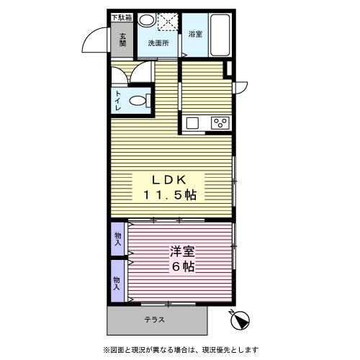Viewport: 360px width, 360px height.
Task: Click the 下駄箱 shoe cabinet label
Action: pyautogui.click(x=122, y=18)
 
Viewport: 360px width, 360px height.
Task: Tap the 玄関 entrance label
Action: pyautogui.click(x=122, y=40)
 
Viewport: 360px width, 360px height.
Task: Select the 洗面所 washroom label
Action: pyautogui.click(x=158, y=43)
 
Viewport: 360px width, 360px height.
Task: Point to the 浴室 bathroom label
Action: pyautogui.click(x=195, y=34)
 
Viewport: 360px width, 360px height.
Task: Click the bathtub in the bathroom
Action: pyautogui.click(x=220, y=35)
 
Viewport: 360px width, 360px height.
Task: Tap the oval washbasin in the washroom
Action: pyautogui.click(x=147, y=20)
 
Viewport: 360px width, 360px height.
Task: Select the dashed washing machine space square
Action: pyautogui.click(x=168, y=22)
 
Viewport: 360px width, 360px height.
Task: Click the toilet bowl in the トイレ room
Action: pyautogui.click(x=140, y=101)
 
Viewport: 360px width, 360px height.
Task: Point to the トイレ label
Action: pyautogui.click(x=118, y=100)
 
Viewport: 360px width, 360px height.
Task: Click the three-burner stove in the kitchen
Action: pyautogui.click(x=220, y=123)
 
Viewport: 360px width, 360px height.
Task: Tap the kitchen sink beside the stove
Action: pyautogui.click(x=192, y=123)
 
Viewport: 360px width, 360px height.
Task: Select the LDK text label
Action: pyautogui.click(x=169, y=180)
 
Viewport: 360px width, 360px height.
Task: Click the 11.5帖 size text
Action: pyautogui.click(x=170, y=195)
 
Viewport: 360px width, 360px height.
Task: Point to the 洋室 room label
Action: pyautogui.click(x=182, y=251)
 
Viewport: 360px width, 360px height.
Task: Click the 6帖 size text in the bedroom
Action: pyautogui.click(x=183, y=266)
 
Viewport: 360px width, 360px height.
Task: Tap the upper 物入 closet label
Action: pyautogui.click(x=117, y=239)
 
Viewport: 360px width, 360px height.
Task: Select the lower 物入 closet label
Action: pyautogui.click(x=117, y=284)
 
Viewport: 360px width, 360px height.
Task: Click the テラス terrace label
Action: pyautogui.click(x=155, y=320)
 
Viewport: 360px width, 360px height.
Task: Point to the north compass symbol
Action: pyautogui.click(x=239, y=320)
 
